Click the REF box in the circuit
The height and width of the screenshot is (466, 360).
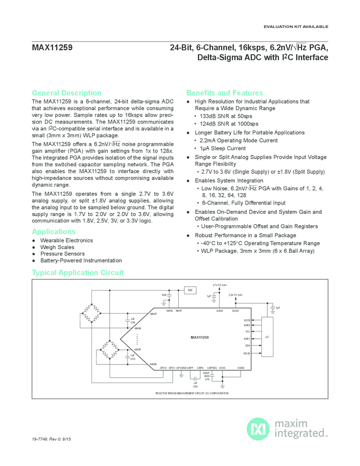pyautogui.click(x=190, y=290)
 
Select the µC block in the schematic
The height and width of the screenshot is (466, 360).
pyautogui.click(x=267, y=337)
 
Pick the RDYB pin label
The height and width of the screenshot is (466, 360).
pyautogui.click(x=248, y=353)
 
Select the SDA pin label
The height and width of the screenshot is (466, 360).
pyautogui.click(x=248, y=346)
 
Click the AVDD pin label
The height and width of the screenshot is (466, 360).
pyautogui.click(x=219, y=311)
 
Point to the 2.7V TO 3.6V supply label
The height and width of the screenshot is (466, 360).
pyautogui.click(x=219, y=285)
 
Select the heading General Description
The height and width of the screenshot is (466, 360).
pyautogui.click(x=66, y=93)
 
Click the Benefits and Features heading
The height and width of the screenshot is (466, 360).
pyautogui.click(x=225, y=93)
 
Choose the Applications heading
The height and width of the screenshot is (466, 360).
pyautogui.click(x=54, y=231)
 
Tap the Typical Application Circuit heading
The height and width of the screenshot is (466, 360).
pyautogui.click(x=78, y=272)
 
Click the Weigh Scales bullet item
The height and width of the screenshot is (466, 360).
pyautogui.click(x=57, y=247)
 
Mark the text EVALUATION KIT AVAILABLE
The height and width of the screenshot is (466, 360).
pyautogui.click(x=296, y=26)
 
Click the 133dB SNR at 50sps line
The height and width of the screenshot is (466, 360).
pyautogui.click(x=226, y=117)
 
